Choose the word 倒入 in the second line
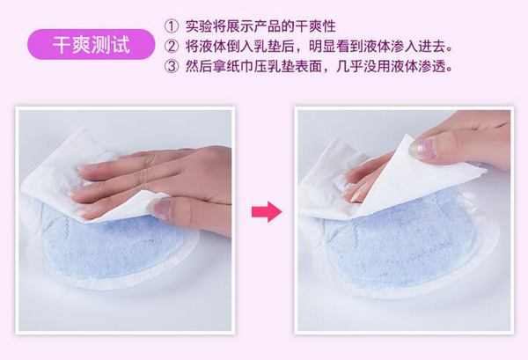[246, 46]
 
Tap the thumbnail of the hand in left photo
[161, 209]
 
